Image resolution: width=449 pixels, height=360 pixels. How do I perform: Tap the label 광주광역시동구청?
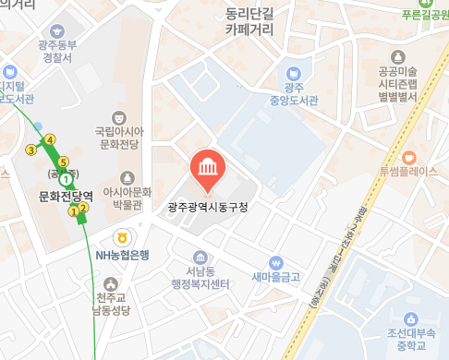click(x=208, y=207)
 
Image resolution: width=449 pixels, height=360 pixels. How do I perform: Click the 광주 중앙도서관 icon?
click(x=294, y=72)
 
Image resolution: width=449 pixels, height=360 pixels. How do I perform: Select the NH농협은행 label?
click(x=122, y=255)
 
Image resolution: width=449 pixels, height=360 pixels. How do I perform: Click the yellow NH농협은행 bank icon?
click(x=122, y=239)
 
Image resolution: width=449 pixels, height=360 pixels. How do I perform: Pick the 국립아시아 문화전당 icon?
click(x=118, y=118)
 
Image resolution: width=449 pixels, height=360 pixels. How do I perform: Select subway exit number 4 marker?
click(x=50, y=140)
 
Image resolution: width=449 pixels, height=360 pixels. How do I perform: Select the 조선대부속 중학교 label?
click(x=416, y=339)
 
